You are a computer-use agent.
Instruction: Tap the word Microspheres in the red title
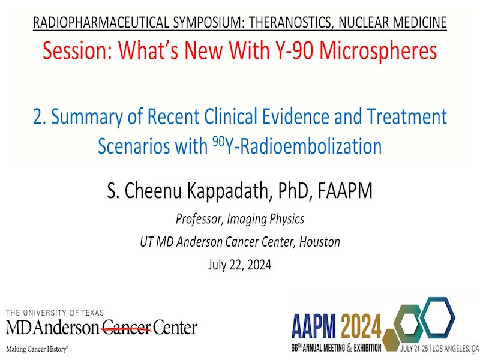378,50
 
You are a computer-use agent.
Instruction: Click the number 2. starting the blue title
40,116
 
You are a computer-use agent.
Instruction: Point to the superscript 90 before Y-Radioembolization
218,142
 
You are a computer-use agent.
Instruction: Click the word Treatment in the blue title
407,116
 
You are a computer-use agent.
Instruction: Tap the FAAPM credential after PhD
345,190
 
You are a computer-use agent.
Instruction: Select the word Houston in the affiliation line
320,242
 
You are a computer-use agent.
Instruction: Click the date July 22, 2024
239,265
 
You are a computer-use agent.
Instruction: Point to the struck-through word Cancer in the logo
127,328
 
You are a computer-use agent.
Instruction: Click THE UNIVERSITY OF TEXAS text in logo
55,313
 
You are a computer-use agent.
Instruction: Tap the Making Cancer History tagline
37,349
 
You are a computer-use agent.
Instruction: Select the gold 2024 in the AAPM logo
361,326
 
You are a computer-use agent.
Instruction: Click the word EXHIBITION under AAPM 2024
367,348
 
